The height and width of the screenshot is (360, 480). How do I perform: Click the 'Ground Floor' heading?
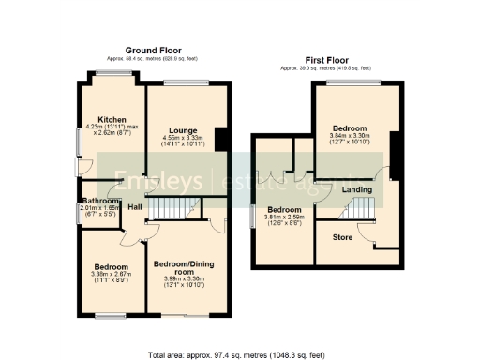154,50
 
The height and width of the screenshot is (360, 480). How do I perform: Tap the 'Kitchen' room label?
112,120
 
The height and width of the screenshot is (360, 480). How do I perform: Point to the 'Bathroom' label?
98,202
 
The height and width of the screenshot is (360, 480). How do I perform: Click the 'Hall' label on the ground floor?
135,206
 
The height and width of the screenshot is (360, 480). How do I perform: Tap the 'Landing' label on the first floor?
356,190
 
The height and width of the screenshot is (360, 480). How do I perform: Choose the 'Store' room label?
343,236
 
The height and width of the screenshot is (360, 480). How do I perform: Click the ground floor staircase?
174,208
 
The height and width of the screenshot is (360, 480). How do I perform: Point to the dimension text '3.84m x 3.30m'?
349,136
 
